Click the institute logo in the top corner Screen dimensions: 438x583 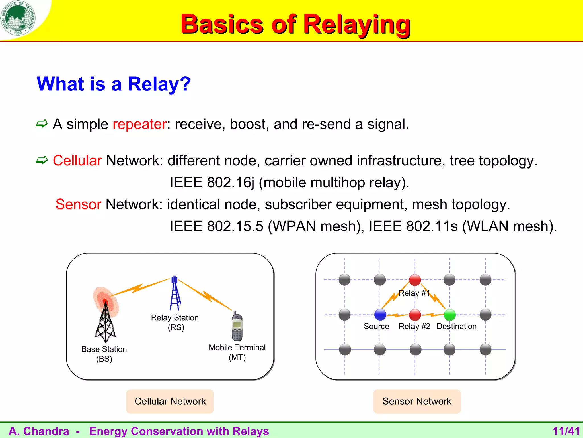coord(18,18)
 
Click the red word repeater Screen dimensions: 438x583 coord(139,124)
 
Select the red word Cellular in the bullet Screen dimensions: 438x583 coord(77,161)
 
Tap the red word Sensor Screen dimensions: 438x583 coord(78,204)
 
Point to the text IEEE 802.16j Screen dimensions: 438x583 coord(212,182)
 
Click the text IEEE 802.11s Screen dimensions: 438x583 coord(413,226)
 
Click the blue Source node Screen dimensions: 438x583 coord(380,315)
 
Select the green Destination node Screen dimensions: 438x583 coord(450,315)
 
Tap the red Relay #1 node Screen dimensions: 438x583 coord(415,280)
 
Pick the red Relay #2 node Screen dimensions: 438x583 coord(415,315)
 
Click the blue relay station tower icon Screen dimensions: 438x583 coord(175,294)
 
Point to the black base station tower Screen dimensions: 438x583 coord(105,322)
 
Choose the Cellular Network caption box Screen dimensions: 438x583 coord(170,401)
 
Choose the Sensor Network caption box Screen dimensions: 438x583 coord(417,401)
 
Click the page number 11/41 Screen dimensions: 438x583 coord(566,431)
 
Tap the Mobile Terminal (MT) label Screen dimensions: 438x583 coord(237,352)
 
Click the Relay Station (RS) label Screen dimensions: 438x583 coord(175,322)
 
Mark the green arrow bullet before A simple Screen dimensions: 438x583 coord(42,124)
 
